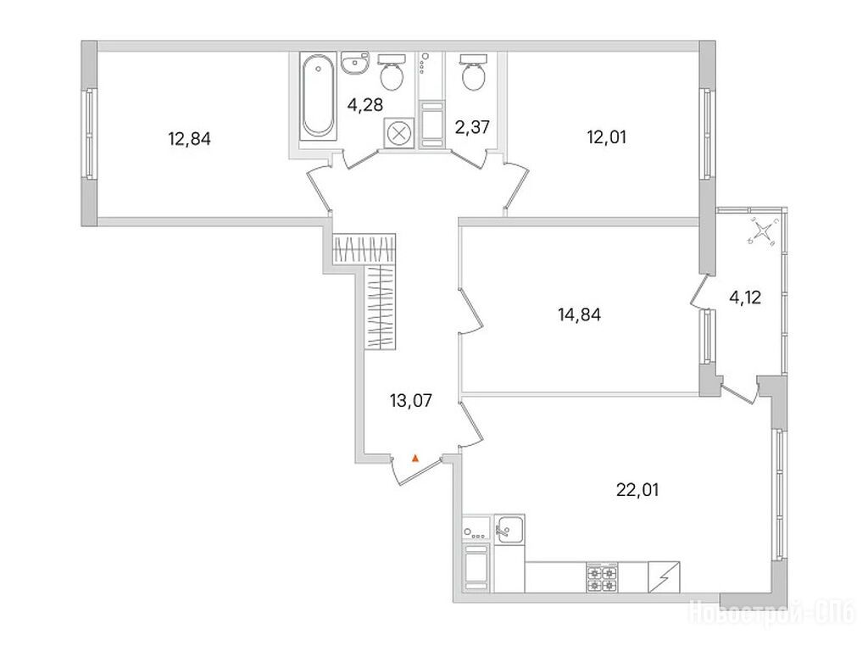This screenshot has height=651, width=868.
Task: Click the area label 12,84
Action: coord(189,138)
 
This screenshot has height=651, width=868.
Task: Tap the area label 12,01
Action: coord(606,136)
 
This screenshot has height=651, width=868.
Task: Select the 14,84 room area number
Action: coord(580,315)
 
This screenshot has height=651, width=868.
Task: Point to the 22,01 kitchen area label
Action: coord(637,490)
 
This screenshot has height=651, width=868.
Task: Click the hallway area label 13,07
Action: coord(411,400)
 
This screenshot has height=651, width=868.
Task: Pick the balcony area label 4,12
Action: coord(745,298)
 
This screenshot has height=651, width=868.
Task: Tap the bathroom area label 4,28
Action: coord(364,104)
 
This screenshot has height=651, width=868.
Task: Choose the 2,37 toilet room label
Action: coord(472,127)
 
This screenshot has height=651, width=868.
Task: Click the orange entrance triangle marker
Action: coord(415,459)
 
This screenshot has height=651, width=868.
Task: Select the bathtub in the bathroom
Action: coord(319,96)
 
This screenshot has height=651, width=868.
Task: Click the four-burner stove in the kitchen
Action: coord(602,578)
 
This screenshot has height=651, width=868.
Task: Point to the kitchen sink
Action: coord(509,529)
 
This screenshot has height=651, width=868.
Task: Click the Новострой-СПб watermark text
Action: coord(771,613)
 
